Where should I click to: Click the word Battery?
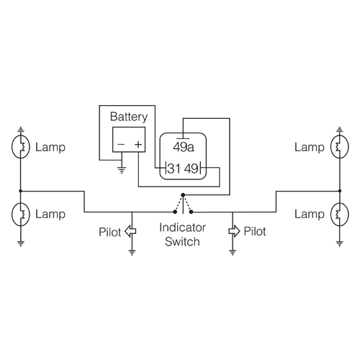click(x=129, y=116)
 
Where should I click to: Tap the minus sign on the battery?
click(x=120, y=145)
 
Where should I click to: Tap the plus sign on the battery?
click(x=138, y=145)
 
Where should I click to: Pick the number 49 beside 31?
click(x=191, y=170)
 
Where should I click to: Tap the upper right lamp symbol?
click(x=338, y=148)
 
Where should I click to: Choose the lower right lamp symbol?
click(x=338, y=214)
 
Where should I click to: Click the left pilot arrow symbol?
click(x=131, y=231)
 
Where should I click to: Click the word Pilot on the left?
click(x=110, y=232)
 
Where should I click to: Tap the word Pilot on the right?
click(x=255, y=232)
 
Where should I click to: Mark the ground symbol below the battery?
click(x=121, y=171)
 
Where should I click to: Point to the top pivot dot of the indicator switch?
click(x=182, y=194)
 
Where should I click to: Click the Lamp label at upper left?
click(x=50, y=148)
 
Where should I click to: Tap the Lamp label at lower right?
click(x=309, y=214)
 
